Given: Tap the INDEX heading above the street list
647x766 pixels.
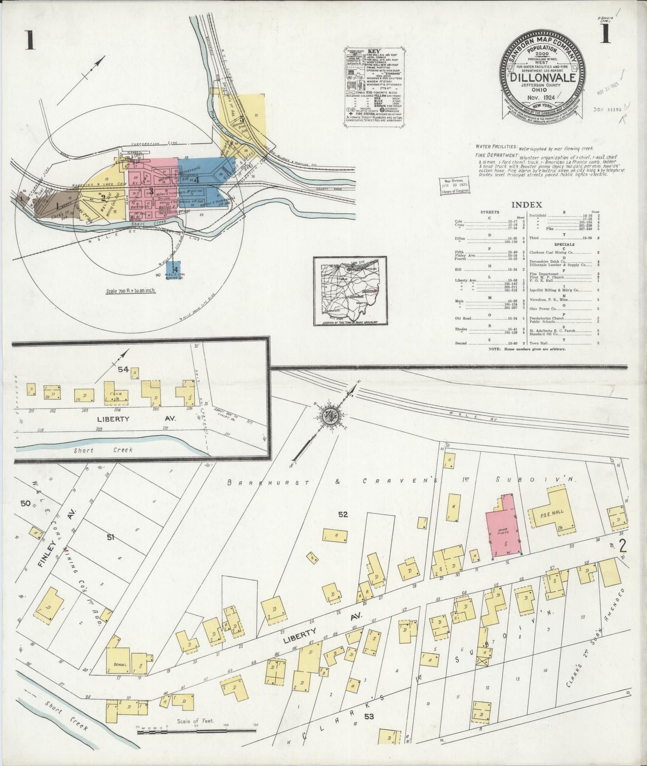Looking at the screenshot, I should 527,205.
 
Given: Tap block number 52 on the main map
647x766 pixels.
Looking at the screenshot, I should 343,515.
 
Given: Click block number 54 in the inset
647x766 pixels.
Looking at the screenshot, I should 123,370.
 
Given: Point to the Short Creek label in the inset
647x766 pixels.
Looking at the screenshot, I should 103,450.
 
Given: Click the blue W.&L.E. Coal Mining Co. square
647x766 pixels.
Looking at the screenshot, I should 173,270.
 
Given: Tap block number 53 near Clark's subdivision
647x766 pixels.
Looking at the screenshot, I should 368,717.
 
